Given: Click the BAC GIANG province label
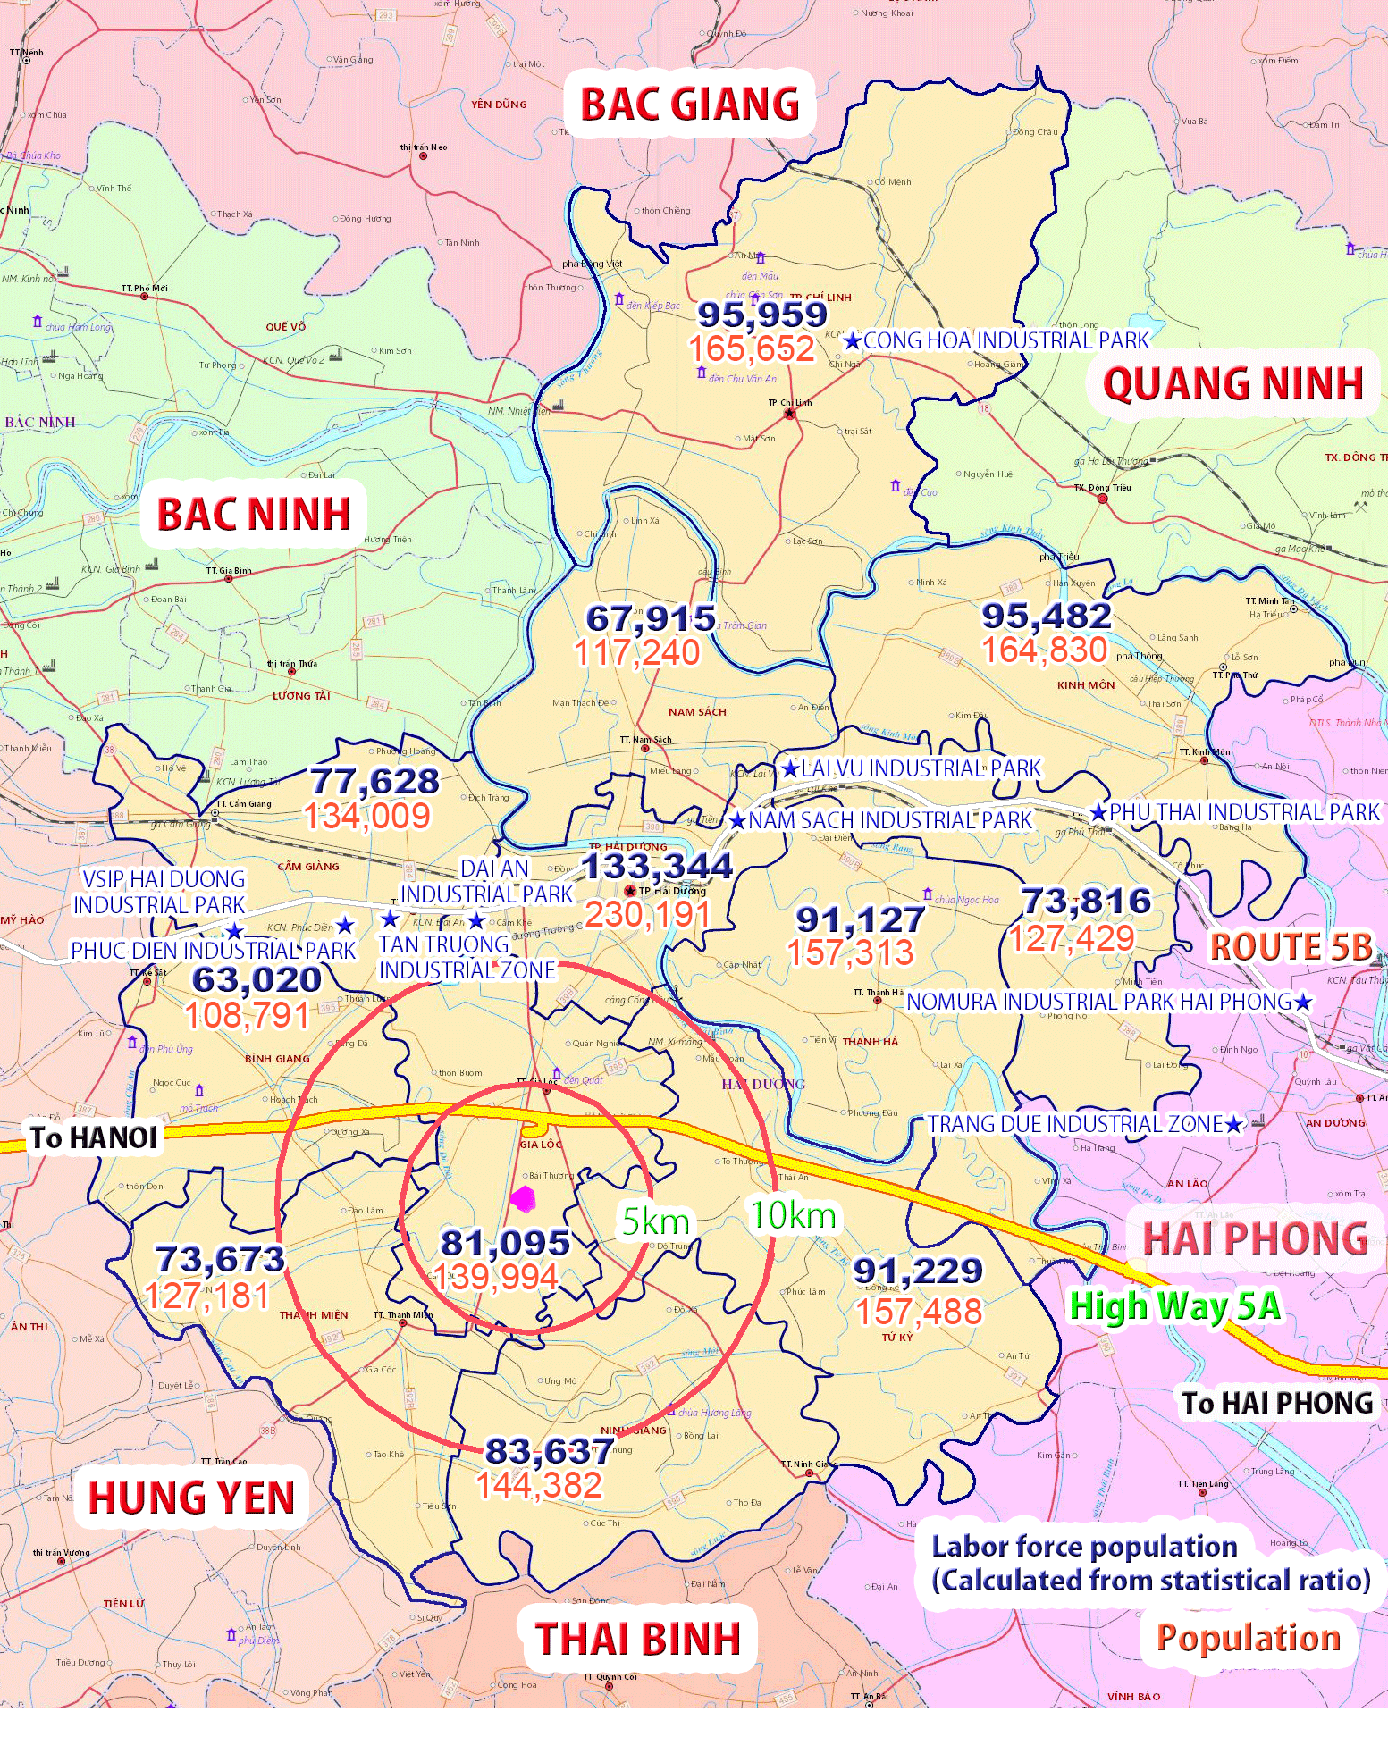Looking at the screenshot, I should [690, 105].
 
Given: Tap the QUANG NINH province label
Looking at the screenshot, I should [1232, 384].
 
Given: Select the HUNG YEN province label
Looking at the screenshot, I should [191, 1498].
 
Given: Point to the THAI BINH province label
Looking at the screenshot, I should [638, 1639].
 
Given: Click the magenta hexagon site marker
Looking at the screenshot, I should [523, 1198].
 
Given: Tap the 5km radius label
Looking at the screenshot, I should [656, 1221].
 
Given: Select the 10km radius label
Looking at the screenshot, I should [793, 1215].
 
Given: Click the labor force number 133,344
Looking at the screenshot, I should [657, 866].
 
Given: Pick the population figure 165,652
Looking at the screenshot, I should [752, 348].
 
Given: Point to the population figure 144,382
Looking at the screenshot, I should [539, 1485].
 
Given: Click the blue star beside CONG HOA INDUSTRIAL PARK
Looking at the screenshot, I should [853, 341].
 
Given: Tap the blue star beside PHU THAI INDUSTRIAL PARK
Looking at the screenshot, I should [1098, 813].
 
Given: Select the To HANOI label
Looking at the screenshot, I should [93, 1137].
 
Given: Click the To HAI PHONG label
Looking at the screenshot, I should [1276, 1403].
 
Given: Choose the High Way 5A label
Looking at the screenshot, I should [1174, 1306].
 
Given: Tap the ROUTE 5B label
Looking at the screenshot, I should [1290, 947].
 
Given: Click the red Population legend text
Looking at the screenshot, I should [1248, 1638].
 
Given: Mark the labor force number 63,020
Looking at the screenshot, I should [257, 979].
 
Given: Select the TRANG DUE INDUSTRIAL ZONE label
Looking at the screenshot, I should [1074, 1124].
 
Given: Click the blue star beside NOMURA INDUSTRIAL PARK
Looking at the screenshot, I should [1303, 1003].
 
